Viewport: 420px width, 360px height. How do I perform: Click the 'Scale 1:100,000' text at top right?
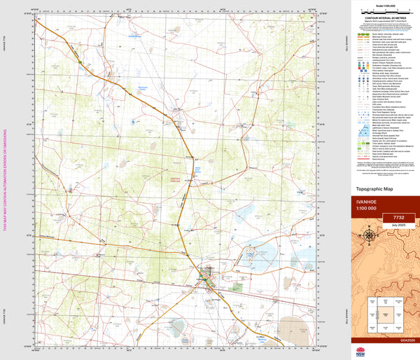pyautogui.click(x=381, y=6)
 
